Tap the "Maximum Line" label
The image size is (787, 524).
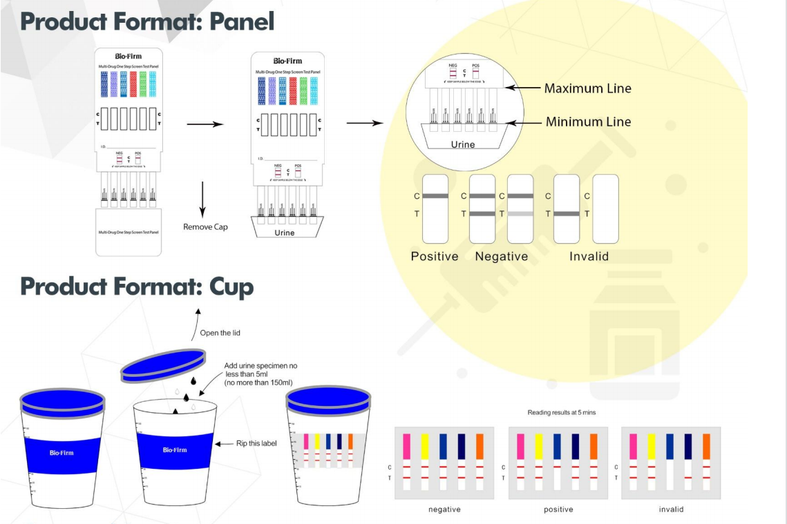(587, 88)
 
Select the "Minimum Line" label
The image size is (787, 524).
(588, 122)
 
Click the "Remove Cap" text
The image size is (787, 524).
(205, 226)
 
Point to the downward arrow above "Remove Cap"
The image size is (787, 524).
(202, 200)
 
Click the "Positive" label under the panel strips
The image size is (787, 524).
(435, 256)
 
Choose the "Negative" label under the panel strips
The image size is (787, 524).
(501, 256)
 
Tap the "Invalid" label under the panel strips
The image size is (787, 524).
(589, 256)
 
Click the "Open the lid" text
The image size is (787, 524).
(220, 333)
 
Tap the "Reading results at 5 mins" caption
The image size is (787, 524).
(561, 412)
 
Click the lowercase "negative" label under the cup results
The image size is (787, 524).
(444, 510)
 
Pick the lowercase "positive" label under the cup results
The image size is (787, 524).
(558, 510)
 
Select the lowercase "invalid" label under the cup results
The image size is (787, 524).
(671, 510)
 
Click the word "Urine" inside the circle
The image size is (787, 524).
(462, 144)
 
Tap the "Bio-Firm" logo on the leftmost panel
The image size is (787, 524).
(129, 55)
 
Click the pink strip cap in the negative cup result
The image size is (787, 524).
(406, 446)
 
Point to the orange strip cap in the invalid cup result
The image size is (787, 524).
(707, 446)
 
